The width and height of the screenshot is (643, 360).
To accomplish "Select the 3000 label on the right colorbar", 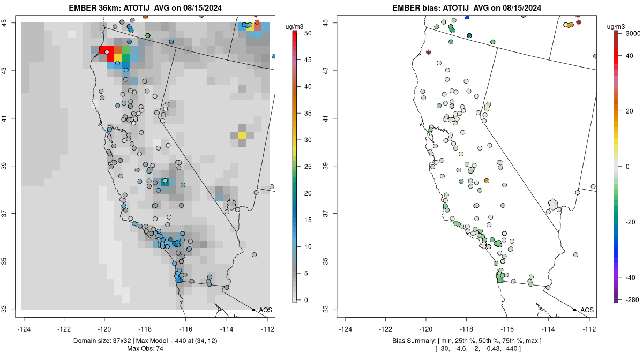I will (x=633, y=33).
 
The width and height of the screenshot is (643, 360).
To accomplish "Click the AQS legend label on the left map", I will (x=265, y=310).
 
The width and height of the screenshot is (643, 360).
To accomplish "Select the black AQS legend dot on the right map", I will (x=574, y=310).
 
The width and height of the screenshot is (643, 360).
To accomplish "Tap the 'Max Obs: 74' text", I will (x=145, y=349).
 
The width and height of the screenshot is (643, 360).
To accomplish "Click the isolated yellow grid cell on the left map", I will (x=242, y=136).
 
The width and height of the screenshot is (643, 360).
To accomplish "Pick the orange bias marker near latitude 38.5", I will (x=487, y=181).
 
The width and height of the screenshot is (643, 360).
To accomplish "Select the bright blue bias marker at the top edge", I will (x=467, y=17).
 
